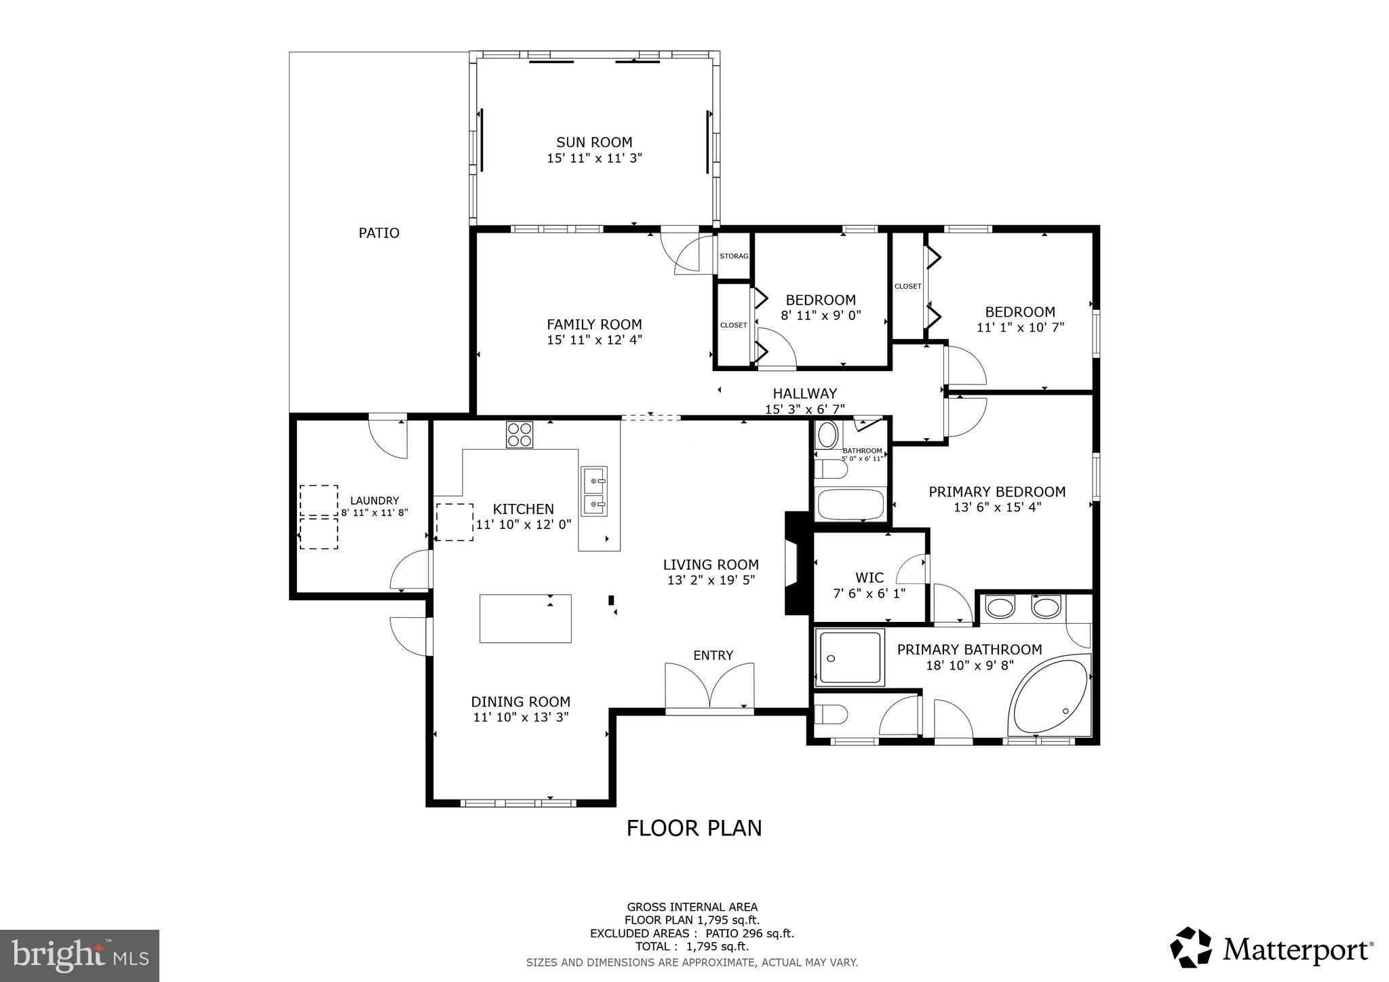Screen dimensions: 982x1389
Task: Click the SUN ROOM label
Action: point(594,142)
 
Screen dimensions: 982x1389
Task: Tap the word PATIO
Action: point(378,233)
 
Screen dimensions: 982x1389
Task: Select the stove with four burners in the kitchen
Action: point(520,434)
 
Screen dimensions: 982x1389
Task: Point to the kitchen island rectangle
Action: point(525,618)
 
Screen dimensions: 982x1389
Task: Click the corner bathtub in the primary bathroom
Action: point(1050,695)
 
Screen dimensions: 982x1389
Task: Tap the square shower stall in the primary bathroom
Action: point(850,657)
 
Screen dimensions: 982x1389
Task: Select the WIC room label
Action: point(869,578)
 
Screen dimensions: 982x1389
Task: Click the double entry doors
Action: point(709,686)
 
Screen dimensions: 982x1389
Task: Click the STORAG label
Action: point(734,256)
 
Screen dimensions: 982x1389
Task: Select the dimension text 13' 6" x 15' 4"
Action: point(997,507)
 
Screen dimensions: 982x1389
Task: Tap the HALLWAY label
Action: point(804,393)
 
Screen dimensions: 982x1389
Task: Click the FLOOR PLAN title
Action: point(694,828)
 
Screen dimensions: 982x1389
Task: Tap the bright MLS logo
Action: point(79,956)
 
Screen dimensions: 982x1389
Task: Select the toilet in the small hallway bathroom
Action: point(830,469)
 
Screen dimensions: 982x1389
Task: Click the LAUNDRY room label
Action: point(374,501)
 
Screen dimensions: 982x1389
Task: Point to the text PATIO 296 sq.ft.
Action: point(749,934)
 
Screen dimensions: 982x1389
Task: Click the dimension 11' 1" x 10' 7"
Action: point(1020,328)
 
